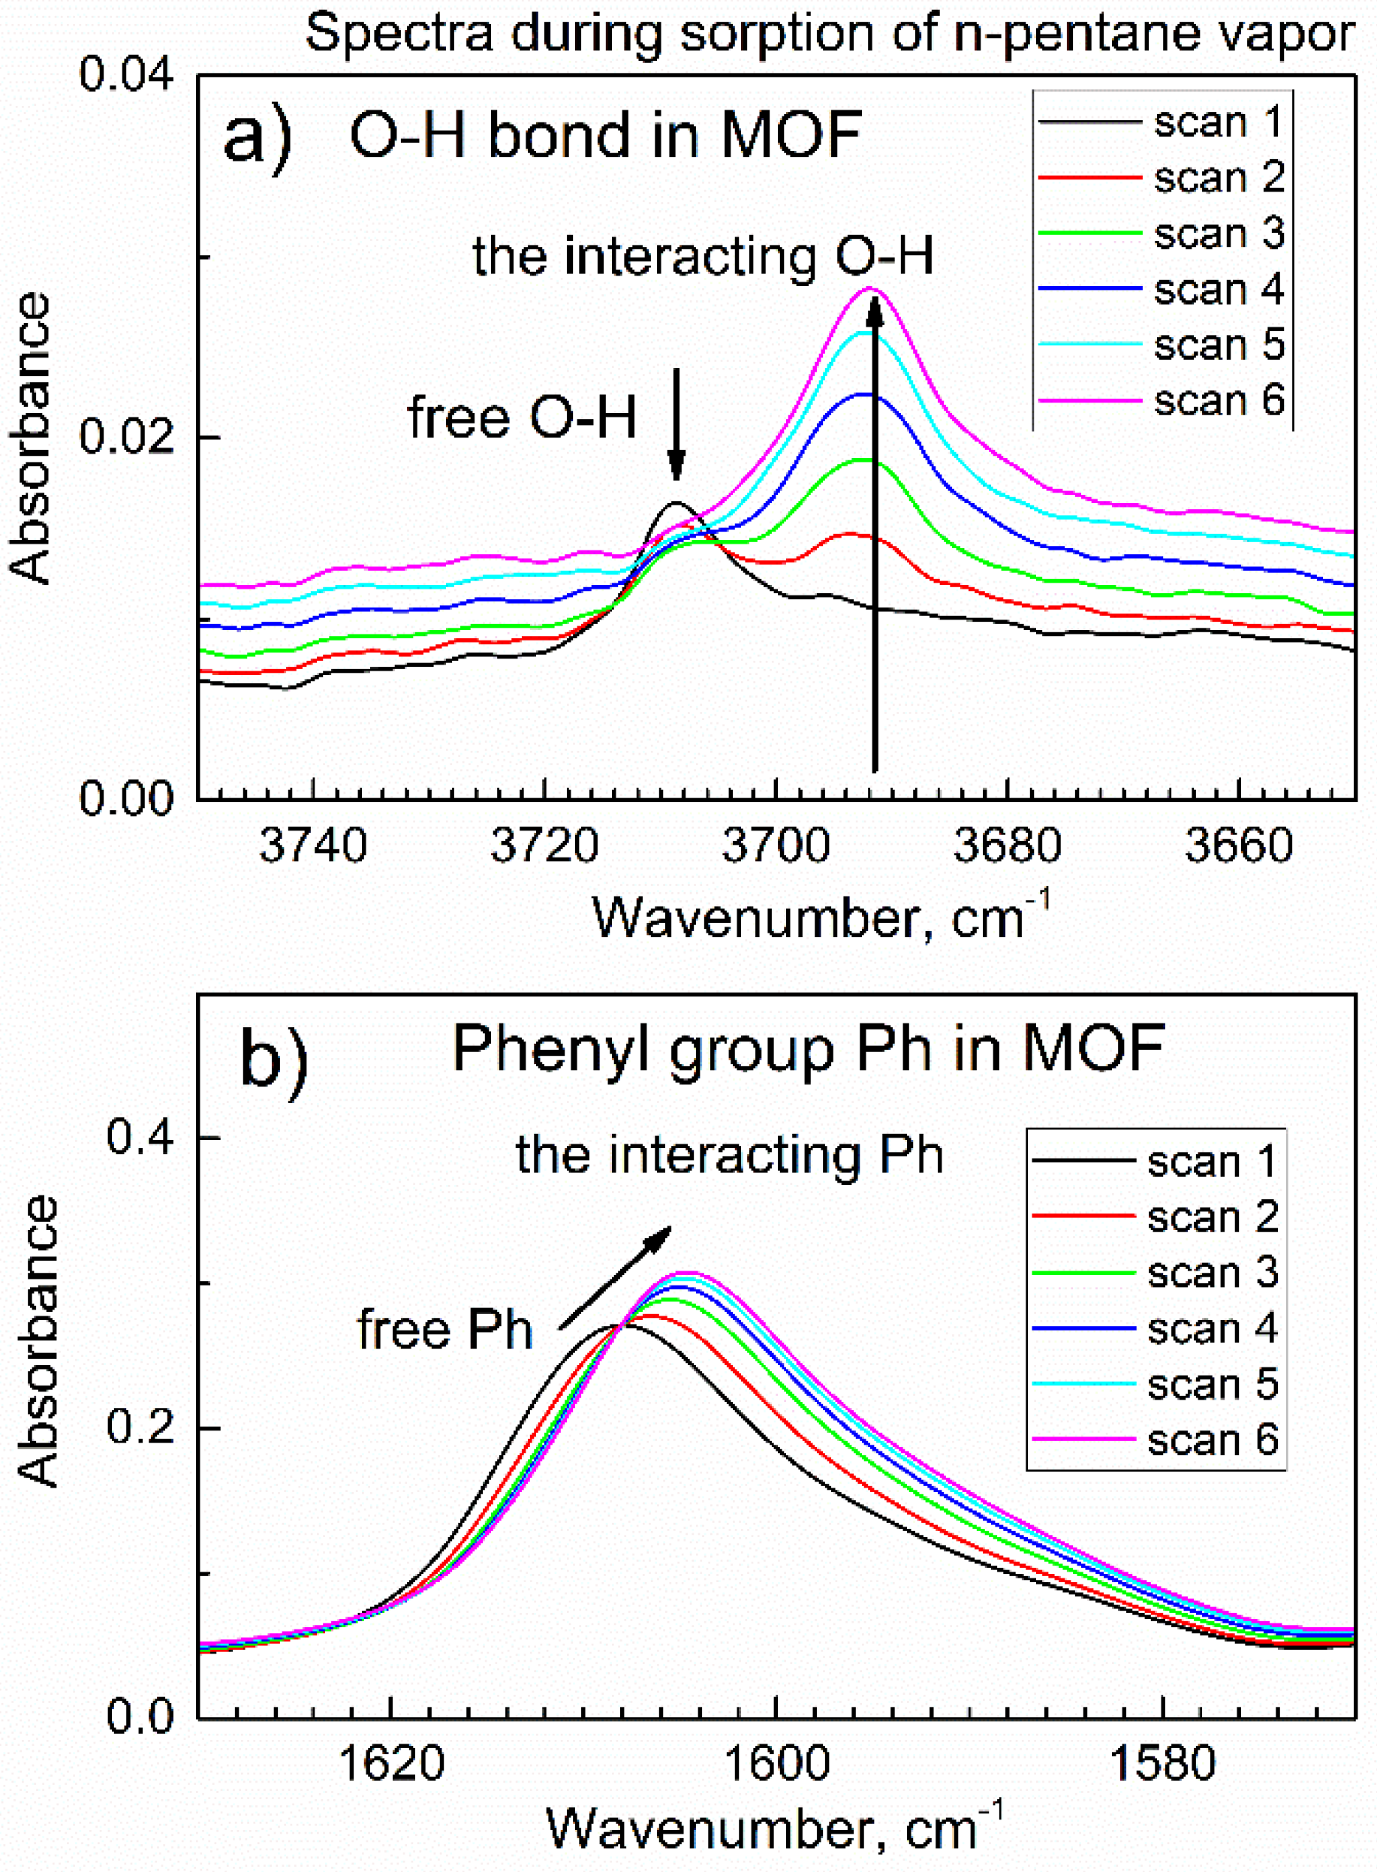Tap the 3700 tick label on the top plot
point(775,846)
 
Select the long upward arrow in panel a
point(875,533)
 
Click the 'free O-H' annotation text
point(522,417)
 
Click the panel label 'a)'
point(258,137)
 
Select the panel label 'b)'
point(273,1057)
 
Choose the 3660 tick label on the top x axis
point(1239,846)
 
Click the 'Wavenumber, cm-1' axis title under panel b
point(775,1828)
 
